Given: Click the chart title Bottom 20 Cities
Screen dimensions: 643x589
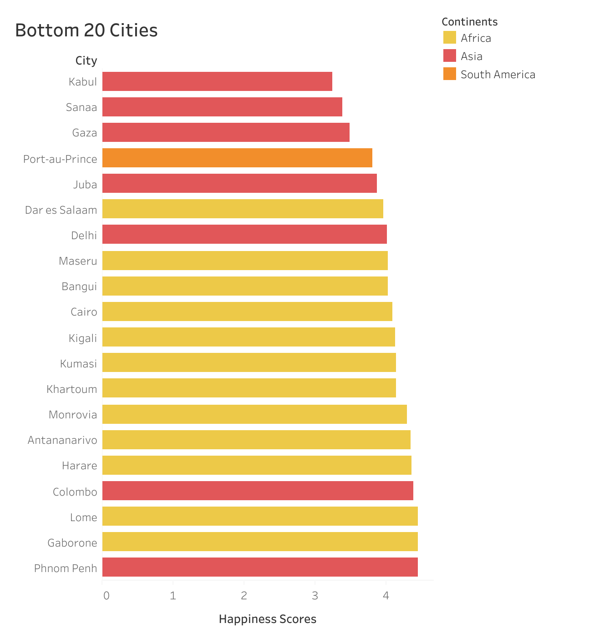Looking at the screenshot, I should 86,30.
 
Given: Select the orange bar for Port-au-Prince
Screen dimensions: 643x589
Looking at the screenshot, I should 237,158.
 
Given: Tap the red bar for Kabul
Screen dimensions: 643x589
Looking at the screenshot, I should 217,81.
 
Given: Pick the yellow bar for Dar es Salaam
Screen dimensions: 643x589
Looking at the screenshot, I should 243,209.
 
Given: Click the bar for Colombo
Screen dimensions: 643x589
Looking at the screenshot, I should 258,491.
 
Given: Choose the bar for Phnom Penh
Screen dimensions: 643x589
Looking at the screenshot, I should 260,567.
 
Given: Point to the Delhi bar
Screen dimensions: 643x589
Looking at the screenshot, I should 244,234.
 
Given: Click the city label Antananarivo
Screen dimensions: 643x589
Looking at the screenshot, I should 62,440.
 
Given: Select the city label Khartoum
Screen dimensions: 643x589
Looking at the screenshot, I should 71,389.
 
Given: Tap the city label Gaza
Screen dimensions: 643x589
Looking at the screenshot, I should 84,133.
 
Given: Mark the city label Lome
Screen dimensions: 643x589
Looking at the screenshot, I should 83,517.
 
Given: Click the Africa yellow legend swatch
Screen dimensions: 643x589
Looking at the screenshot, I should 449,38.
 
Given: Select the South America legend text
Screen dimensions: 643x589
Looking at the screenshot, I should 498,75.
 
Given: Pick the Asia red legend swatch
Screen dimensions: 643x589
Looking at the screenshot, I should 449,56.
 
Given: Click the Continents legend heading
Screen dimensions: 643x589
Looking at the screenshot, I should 469,22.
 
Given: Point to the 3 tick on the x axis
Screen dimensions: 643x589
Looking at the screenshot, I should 315,596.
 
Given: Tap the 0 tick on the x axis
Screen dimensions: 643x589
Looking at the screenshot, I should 106,596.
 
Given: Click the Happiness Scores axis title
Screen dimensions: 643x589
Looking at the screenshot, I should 267,619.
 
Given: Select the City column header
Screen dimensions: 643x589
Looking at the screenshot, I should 86,61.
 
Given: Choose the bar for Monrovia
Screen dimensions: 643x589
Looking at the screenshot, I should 254,414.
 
